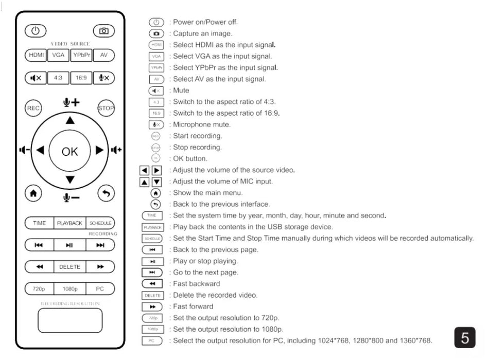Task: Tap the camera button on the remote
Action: pos(103,31)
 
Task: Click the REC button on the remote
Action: pos(33,108)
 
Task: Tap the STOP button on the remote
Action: pos(106,108)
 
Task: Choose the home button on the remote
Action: pos(33,193)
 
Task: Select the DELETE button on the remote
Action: pos(69,267)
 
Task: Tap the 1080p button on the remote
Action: pos(69,289)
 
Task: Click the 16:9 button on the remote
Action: pos(81,78)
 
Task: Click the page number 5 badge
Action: pos(465,338)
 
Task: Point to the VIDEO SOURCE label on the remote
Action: pos(70,44)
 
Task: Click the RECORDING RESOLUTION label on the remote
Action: pos(69,304)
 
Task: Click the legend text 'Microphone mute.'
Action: pos(202,124)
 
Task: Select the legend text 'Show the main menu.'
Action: pos(207,193)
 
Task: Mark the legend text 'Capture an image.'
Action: pos(202,33)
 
